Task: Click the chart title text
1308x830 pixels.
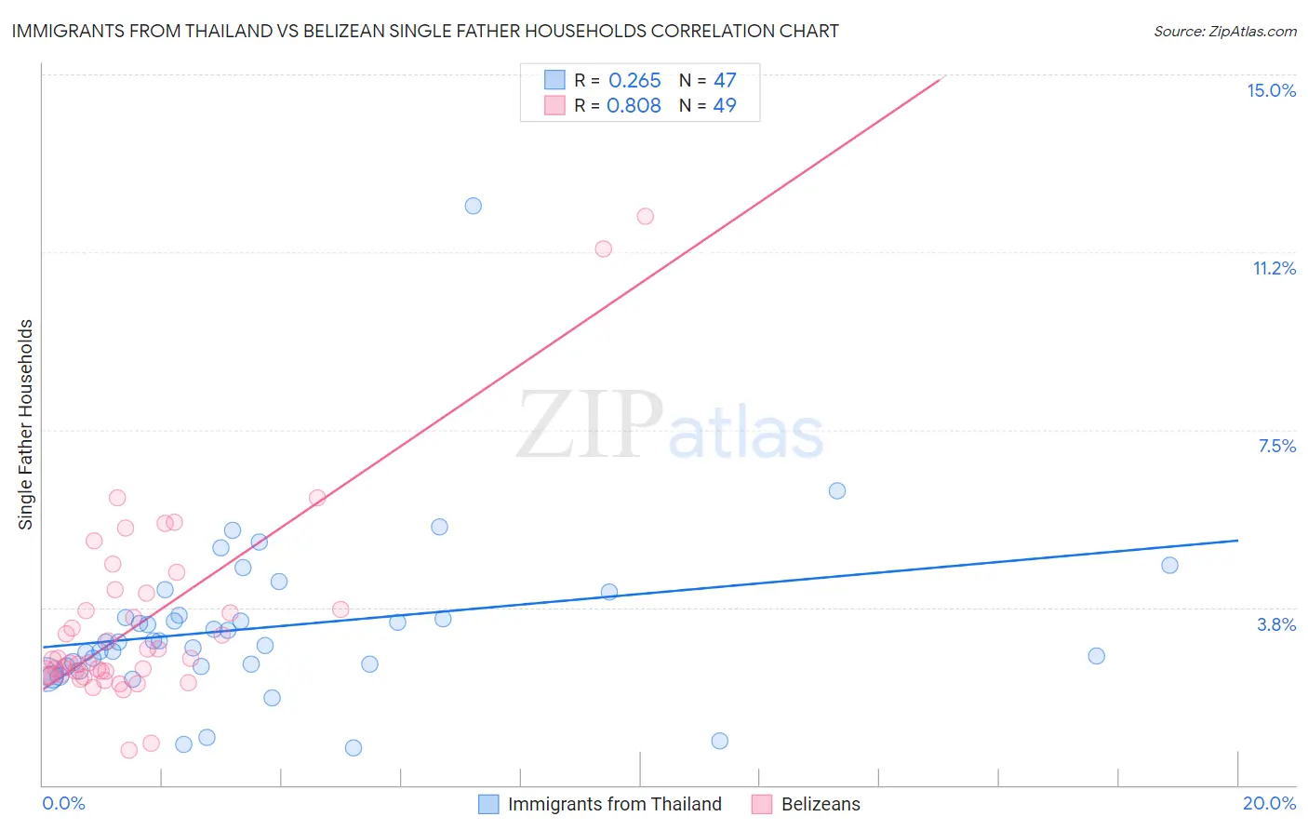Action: click(425, 31)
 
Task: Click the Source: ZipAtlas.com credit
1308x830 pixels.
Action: click(1224, 31)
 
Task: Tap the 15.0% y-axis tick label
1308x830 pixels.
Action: click(1271, 90)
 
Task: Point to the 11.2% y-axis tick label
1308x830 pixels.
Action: click(1274, 268)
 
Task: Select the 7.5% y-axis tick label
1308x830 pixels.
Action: click(1276, 446)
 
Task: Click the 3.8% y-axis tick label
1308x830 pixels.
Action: click(1276, 624)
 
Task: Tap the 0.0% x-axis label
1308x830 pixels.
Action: click(63, 803)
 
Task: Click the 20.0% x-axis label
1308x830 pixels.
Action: click(1269, 803)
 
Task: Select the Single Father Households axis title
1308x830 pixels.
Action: click(26, 424)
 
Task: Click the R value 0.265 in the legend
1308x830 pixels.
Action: click(634, 81)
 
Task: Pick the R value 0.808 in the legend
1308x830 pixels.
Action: click(634, 105)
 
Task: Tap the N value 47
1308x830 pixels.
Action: click(725, 81)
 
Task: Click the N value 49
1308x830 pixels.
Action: click(725, 105)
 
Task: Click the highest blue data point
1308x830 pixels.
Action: click(474, 206)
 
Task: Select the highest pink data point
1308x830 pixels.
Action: click(646, 216)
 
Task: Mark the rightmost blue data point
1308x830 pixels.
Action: click(1170, 565)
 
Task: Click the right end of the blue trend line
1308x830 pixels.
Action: click(1237, 540)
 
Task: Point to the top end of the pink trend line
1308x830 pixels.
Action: click(943, 77)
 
